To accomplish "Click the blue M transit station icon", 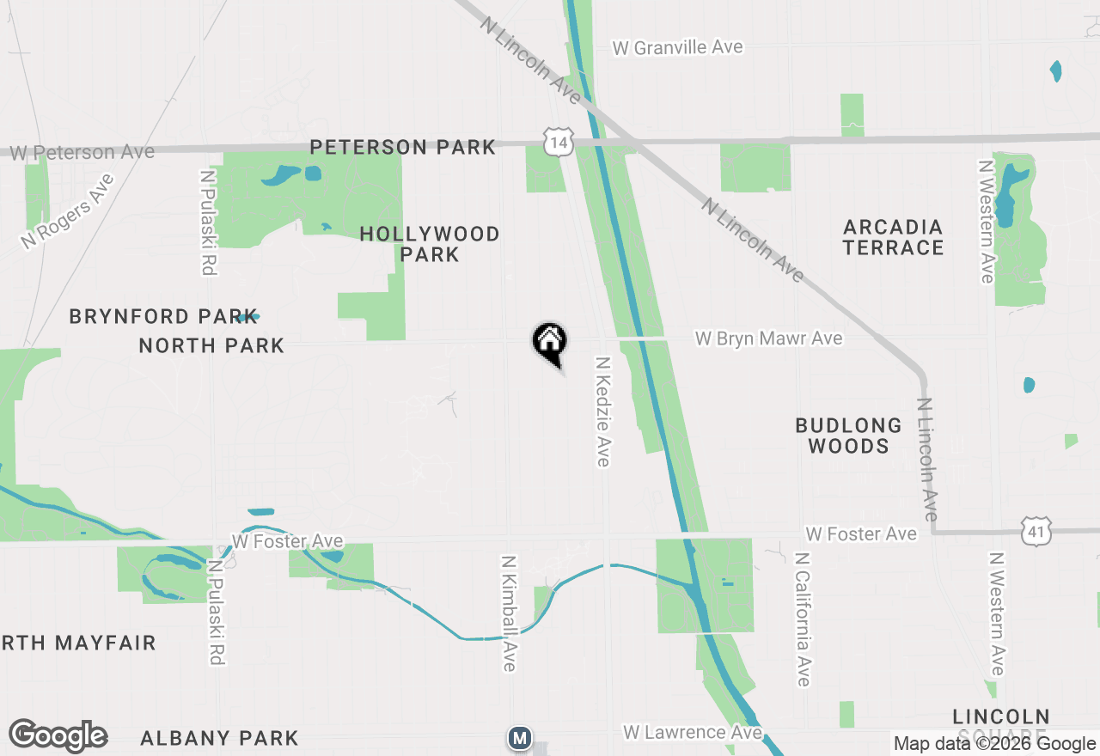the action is coord(519,737).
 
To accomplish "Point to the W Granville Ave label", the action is coord(677,47).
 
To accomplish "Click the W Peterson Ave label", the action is coord(82,153).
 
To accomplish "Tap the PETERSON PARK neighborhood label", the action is coord(402,148).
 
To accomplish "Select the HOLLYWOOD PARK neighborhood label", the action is coord(430,244).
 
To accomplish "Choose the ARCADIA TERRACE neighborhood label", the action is coord(893,237).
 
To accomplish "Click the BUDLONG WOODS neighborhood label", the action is coord(848,436).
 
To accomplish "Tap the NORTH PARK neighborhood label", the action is coord(211,345).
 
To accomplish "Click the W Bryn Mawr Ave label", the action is coord(768,338).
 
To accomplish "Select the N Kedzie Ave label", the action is coord(602,412).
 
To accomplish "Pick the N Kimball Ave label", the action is coord(509,613).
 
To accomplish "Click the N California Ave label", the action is coord(803,619).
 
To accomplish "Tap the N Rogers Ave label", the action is coord(68,211).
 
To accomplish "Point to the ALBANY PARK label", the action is coord(219,738).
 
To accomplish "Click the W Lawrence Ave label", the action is coord(692,733).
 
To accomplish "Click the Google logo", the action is coord(58,736).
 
